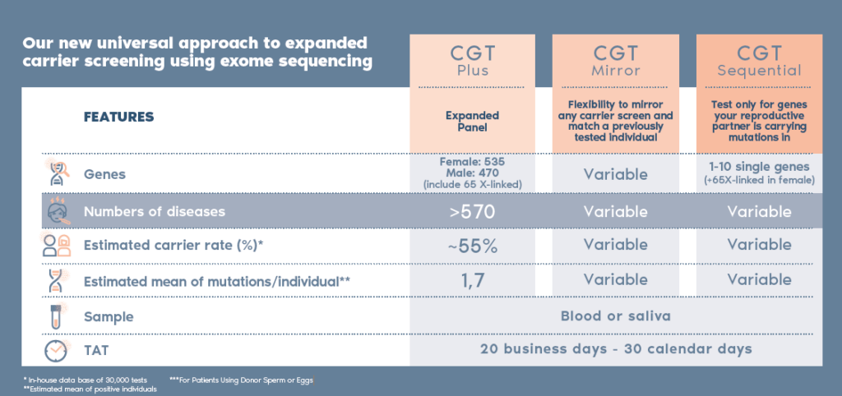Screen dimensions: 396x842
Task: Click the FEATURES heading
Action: tap(119, 117)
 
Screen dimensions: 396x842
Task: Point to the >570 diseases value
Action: tap(472, 211)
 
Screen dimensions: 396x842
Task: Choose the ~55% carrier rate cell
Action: tap(472, 245)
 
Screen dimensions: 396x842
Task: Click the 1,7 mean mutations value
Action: tap(472, 281)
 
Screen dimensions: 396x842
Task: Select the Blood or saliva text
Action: tap(615, 315)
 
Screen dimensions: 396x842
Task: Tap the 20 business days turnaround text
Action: tap(615, 349)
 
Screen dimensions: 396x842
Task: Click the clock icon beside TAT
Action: tap(55, 350)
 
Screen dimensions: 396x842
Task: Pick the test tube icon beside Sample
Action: tap(55, 315)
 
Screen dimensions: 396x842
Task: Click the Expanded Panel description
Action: tap(472, 122)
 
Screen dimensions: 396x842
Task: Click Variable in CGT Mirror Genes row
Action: tap(615, 174)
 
